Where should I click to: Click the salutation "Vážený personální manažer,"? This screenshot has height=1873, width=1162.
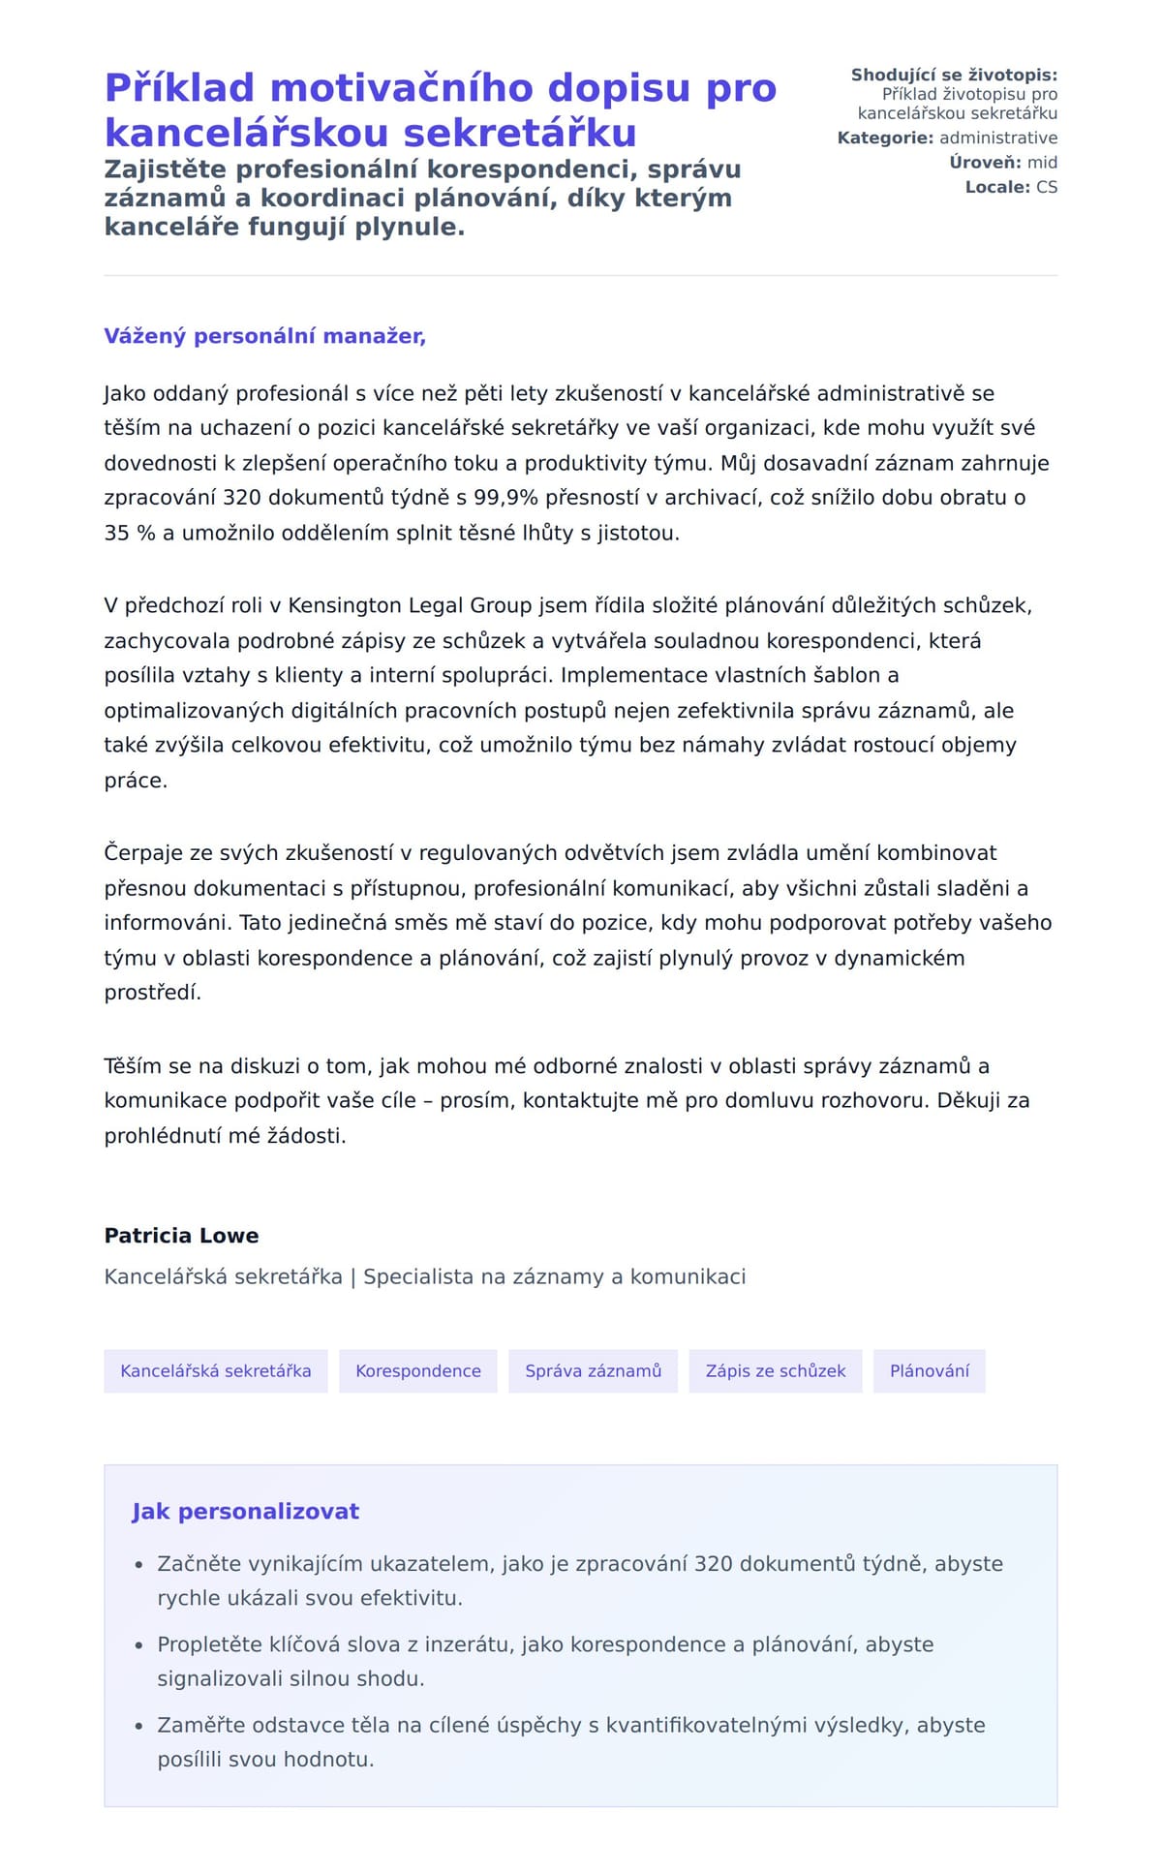pos(264,336)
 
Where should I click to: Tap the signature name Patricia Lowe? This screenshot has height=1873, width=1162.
pos(181,1236)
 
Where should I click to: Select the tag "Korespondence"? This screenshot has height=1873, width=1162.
pos(417,1371)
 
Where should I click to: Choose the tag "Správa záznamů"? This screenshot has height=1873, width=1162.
pos(593,1371)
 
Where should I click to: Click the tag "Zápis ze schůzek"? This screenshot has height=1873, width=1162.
pos(775,1371)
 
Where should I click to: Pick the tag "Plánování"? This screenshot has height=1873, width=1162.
pos(929,1371)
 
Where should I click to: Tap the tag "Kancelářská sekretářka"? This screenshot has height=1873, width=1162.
pos(215,1371)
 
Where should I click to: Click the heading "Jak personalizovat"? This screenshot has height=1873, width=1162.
pos(245,1512)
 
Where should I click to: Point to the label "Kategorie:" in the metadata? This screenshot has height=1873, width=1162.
pos(885,138)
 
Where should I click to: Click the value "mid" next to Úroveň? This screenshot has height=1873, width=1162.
pos(1042,163)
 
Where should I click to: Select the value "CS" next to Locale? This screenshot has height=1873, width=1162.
pos(1046,187)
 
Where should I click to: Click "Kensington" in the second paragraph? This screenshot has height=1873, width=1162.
pos(345,606)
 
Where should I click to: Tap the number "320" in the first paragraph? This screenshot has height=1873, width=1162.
pos(242,498)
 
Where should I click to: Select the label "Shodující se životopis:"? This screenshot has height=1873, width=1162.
pos(954,76)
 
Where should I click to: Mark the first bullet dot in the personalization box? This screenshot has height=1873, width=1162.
pos(138,1565)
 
